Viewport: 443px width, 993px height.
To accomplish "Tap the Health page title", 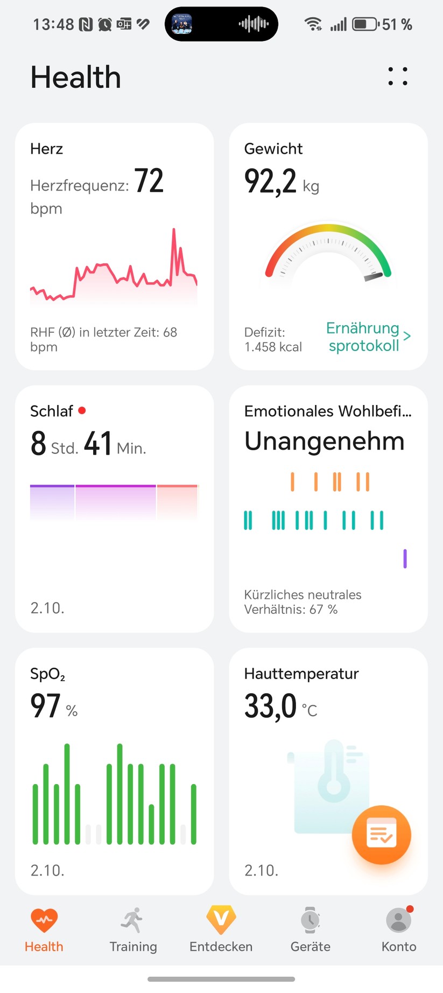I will [x=75, y=77].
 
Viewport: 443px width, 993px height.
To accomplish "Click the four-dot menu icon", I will [x=398, y=76].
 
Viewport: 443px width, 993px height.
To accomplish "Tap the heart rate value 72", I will [x=149, y=181].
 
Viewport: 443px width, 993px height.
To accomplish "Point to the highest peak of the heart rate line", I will [x=174, y=230].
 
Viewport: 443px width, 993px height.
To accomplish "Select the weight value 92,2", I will [x=270, y=181].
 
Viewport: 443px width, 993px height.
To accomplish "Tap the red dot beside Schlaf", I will [x=82, y=410].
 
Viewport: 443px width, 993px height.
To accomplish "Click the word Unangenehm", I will [x=324, y=441].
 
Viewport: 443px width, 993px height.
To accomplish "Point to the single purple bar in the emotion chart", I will [x=405, y=558].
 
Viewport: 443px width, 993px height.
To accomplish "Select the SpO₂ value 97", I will [x=45, y=706].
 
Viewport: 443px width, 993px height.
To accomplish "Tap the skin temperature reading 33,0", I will [x=270, y=706].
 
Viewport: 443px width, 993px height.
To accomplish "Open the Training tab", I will [x=133, y=929].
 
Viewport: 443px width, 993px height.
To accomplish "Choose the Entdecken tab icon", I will [x=221, y=920].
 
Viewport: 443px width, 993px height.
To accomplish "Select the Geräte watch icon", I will [x=310, y=920].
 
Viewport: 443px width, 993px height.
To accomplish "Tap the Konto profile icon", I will [x=399, y=920].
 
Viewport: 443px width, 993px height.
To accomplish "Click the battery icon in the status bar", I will [x=365, y=24].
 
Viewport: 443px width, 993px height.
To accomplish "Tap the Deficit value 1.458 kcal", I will [x=273, y=347].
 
